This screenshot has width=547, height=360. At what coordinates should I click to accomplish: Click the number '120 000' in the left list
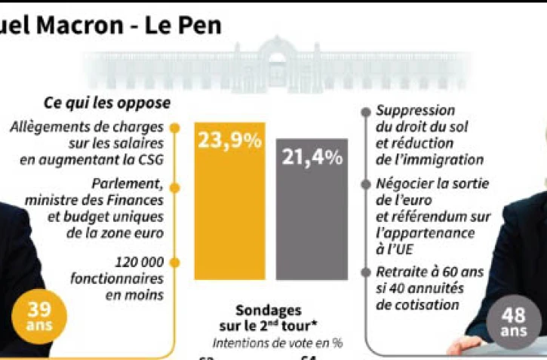click(141, 263)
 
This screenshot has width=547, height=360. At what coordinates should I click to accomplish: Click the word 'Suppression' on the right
click(415, 111)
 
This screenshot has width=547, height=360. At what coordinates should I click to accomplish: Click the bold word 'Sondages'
click(268, 310)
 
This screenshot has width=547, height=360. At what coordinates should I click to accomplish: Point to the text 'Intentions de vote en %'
click(277, 342)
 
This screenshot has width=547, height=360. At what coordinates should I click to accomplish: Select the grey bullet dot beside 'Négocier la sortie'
click(367, 185)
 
